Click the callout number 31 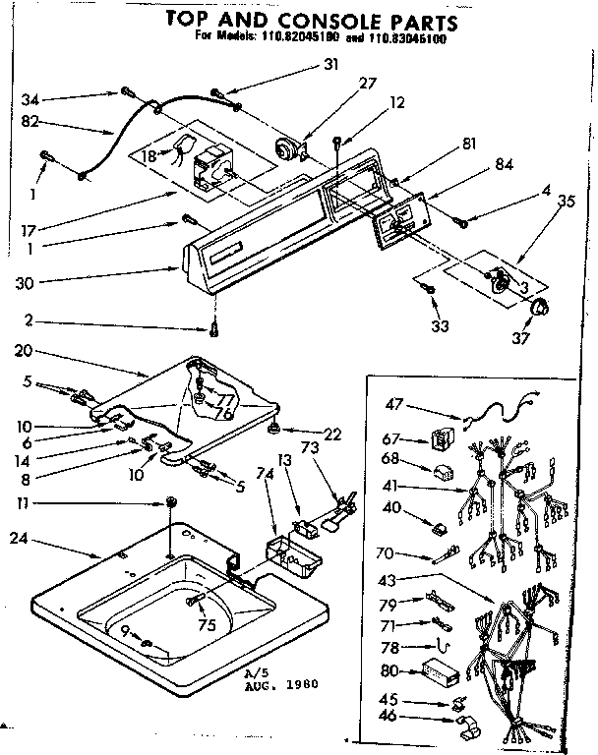(329, 66)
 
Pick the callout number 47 (391, 403)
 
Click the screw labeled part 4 (460, 222)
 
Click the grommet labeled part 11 (173, 503)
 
